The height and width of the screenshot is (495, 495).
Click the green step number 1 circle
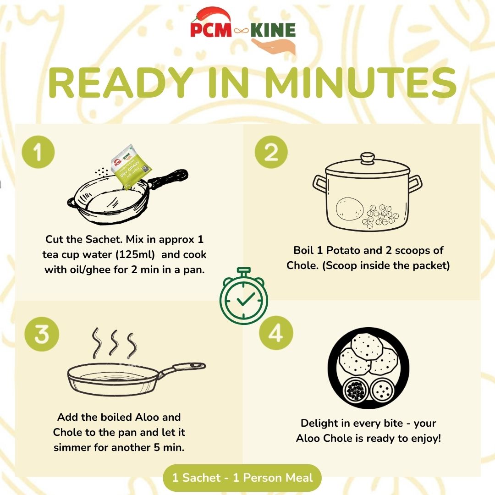pos(38,152)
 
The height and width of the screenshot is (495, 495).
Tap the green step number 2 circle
pos(271,152)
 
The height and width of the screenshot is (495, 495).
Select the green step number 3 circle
pos(42,335)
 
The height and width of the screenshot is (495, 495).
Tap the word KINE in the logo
pos(273,30)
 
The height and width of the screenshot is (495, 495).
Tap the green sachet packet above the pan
pos(132,171)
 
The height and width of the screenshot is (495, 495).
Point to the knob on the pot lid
pos(367,159)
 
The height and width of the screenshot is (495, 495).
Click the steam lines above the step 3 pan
pos(114,343)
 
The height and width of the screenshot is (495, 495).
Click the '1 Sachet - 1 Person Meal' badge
pos(242,478)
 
